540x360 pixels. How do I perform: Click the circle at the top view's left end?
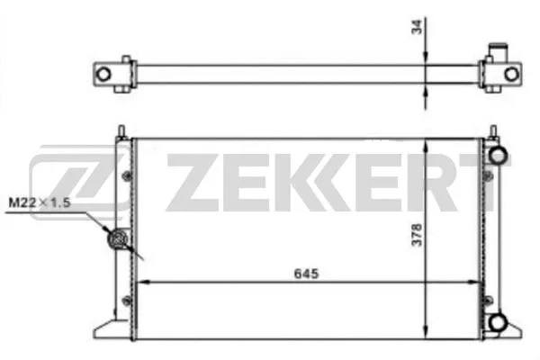pyautogui.click(x=105, y=72)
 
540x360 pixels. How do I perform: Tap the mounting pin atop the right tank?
pyautogui.click(x=494, y=130)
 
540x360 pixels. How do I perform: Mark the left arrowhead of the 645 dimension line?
pyautogui.click(x=138, y=282)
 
